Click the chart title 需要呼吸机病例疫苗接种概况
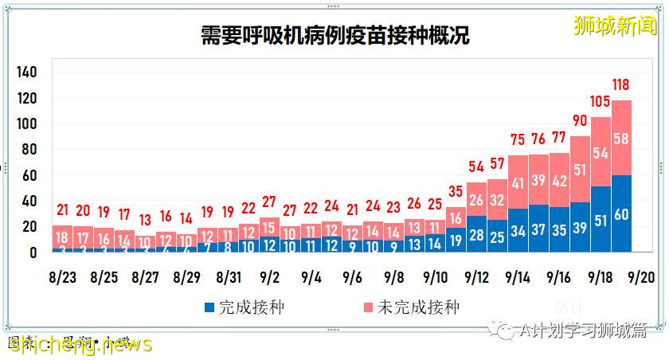(x=334, y=36)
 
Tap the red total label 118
(x=621, y=84)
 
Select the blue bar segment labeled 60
(x=621, y=214)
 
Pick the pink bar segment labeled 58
(x=621, y=139)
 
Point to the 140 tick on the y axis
(x=27, y=72)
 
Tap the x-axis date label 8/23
(x=63, y=278)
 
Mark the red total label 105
(x=600, y=101)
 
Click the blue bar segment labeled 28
(x=476, y=234)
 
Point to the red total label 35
(x=456, y=191)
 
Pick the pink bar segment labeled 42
(x=559, y=181)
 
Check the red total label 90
(x=579, y=120)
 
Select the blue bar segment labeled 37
(x=538, y=229)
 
